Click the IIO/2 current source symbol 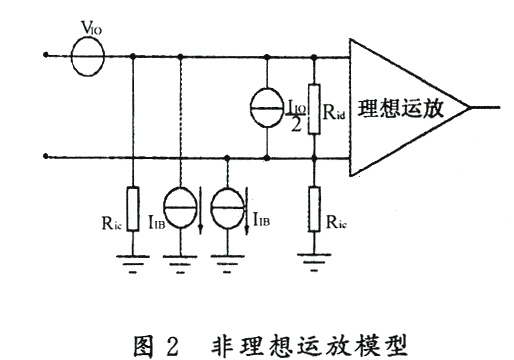268,107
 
